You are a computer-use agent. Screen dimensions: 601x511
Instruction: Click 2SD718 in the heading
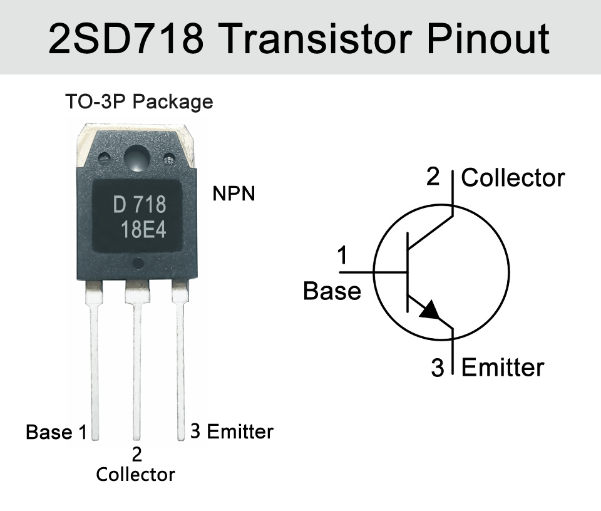126,38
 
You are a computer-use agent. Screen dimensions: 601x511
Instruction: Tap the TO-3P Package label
139,102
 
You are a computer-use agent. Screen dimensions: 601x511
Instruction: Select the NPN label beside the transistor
234,194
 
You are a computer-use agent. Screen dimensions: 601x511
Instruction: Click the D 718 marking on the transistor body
140,205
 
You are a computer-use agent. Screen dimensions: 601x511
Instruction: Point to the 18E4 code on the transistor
144,230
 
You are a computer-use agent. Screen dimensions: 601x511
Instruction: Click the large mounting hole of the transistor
136,158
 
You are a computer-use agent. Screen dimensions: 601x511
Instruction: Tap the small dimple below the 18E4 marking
138,264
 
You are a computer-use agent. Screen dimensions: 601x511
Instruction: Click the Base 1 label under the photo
56,432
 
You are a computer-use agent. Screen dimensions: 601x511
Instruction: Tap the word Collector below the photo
135,475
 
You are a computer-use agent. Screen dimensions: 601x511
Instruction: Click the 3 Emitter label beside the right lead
232,431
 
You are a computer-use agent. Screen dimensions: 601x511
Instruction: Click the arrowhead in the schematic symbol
430,309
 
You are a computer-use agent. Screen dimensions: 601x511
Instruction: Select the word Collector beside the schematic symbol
513,178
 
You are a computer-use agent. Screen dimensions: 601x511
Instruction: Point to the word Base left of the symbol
332,291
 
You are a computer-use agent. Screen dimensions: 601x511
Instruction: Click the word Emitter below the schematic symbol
503,367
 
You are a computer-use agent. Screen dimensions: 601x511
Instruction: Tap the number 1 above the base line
342,255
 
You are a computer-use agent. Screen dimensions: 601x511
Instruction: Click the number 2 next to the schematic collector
433,177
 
